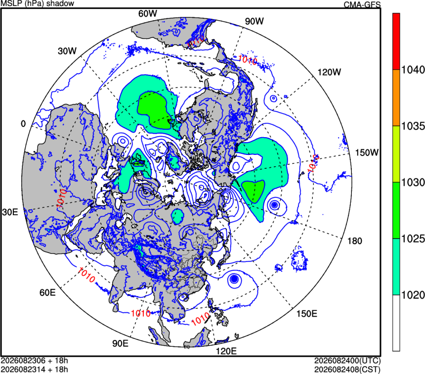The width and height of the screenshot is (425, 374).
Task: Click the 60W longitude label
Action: coord(147,13)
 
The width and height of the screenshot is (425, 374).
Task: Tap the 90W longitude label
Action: coord(254,21)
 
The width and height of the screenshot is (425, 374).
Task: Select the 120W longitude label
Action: coord(329,72)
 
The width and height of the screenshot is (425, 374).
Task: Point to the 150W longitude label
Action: coord(367,152)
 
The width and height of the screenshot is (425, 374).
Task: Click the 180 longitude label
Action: coord(355,241)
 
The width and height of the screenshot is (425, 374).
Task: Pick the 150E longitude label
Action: coord(306,314)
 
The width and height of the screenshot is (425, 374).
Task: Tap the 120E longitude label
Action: coord(226,351)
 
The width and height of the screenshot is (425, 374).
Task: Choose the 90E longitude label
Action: coord(121,343)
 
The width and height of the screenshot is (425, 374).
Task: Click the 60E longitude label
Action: coord(47,293)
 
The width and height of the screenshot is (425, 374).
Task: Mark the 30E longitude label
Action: coord(10,213)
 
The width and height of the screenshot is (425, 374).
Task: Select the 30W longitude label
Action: coord(67,51)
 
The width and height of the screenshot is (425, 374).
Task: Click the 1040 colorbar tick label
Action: coord(413,70)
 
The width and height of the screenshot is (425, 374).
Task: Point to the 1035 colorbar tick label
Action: coord(413,126)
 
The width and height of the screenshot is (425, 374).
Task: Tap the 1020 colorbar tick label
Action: coord(413,295)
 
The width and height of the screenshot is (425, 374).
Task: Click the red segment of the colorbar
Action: coord(396,41)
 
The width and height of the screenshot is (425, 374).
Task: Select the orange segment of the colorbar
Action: coord(396,98)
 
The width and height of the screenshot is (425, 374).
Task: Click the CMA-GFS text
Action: coord(362,5)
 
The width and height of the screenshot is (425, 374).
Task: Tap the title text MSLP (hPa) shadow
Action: coord(38,3)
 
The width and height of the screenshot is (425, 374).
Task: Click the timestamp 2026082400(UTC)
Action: coord(347,361)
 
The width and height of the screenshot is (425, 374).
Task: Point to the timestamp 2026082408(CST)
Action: coord(347,370)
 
